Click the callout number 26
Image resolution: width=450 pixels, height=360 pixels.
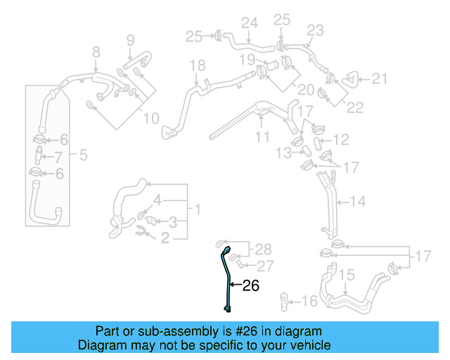coord(250,285)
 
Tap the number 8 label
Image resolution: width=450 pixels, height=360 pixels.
coord(96,51)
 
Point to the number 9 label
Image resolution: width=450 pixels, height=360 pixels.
coord(130,40)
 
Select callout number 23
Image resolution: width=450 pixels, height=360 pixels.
coord(315,30)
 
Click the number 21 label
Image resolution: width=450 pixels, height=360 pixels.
coord(380,79)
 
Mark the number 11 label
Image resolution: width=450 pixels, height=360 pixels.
coord(262,137)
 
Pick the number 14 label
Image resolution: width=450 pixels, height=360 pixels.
coord(358,202)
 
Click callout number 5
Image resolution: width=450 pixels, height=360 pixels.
coord(83,155)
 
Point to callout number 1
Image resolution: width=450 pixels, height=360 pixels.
coord(198,209)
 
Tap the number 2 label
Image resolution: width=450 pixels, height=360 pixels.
coord(165,239)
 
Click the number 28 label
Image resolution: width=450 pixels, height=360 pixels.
coord(262,250)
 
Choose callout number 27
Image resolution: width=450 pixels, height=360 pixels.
coord(264,265)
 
